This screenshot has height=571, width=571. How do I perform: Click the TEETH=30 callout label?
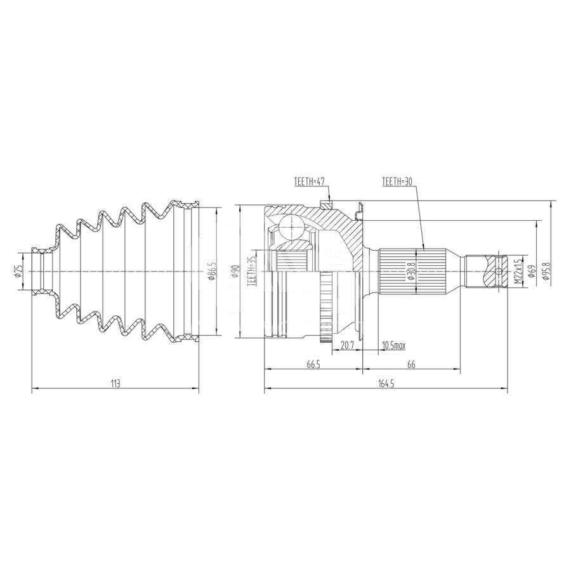(x=397, y=181)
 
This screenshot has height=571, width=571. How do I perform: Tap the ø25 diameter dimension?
(x=20, y=272)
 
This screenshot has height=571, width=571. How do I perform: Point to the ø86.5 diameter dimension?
(x=213, y=271)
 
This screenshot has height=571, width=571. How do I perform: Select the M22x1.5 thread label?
(x=518, y=272)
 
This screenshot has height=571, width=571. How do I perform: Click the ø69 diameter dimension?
(x=531, y=272)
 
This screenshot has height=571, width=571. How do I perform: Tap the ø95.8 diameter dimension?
(x=545, y=272)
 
